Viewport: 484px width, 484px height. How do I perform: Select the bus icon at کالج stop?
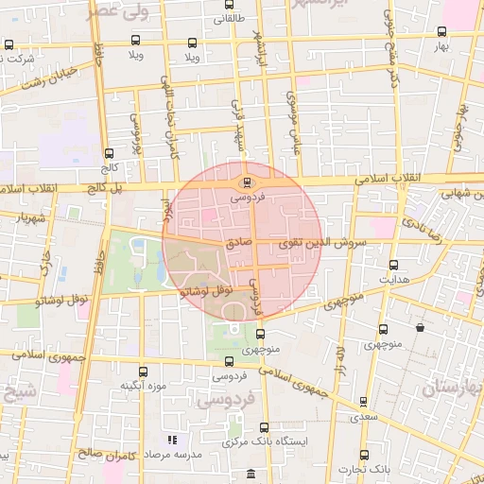click(x=109, y=153)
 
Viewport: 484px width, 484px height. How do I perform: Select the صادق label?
click(x=238, y=243)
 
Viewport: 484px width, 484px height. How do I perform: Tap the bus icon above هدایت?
click(x=393, y=266)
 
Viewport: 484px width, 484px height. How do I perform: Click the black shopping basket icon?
click(x=420, y=327)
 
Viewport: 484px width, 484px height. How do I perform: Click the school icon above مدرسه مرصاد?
click(x=171, y=440)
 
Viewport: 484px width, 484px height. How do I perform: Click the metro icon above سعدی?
click(x=364, y=401)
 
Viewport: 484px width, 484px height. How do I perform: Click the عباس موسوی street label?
click(x=292, y=118)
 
